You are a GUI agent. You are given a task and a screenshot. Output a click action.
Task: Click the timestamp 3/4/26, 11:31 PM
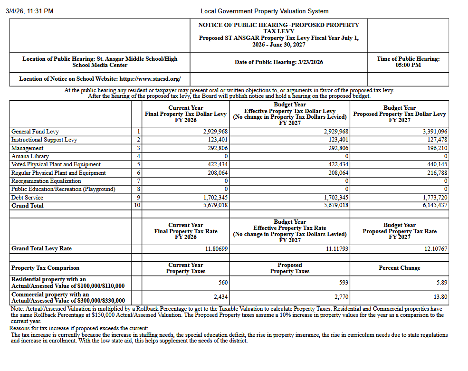tap(29, 11)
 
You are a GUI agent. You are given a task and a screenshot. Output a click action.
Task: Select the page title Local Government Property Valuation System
tap(264, 11)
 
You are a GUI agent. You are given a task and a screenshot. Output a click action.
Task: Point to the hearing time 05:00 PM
tap(408, 65)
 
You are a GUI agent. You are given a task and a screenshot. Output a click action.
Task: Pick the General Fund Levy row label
tap(35, 132)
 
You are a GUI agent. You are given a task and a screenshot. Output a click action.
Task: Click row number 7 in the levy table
tap(138, 181)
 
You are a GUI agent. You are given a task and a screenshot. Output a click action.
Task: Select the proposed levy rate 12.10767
tap(436, 249)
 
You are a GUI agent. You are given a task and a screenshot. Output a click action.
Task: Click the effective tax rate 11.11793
tap(337, 249)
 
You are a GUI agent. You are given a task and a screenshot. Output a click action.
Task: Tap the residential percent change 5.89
tap(442, 283)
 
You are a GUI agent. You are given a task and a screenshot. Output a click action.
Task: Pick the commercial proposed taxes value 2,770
tap(341, 297)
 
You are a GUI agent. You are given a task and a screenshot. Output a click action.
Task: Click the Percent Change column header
tap(399, 268)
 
